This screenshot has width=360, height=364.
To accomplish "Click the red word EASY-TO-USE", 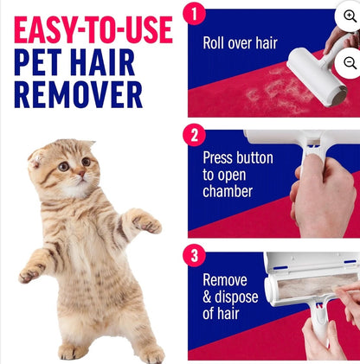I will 93,30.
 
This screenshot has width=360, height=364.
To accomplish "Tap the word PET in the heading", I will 44,64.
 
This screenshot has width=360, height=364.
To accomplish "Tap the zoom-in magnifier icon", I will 350,16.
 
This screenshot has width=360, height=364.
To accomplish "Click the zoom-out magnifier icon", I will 350,62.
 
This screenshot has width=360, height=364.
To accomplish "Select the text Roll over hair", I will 240,42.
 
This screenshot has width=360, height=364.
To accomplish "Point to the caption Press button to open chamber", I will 238,174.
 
